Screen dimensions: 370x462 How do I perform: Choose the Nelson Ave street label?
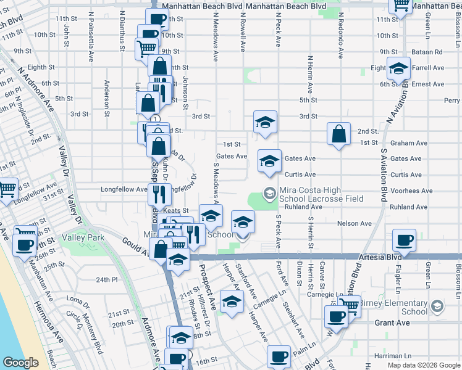[x=354, y=223]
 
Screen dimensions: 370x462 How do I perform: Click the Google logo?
[x=21, y=363]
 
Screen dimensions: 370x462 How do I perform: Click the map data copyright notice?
[x=423, y=365]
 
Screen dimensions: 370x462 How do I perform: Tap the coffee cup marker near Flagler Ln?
[x=405, y=240]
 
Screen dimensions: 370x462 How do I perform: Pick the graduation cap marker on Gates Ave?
[x=269, y=162]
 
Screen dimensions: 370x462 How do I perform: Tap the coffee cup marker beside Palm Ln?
[x=279, y=357]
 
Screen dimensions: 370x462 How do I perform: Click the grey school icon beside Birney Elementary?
[x=437, y=306]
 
